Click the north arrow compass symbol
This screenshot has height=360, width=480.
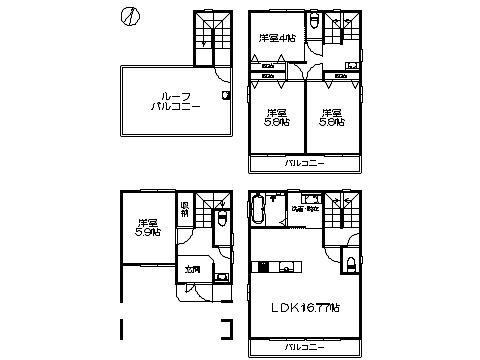click(x=128, y=17)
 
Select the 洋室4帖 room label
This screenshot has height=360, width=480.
click(x=276, y=39)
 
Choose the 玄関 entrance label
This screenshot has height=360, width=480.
click(x=192, y=269)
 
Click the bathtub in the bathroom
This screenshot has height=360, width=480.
click(x=259, y=211)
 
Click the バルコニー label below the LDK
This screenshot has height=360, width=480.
click(x=302, y=347)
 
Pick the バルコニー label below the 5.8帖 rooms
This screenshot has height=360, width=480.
click(x=302, y=162)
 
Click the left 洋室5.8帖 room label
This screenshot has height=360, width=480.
click(x=276, y=116)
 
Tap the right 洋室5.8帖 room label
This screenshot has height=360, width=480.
click(x=331, y=116)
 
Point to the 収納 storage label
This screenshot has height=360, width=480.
click(x=185, y=209)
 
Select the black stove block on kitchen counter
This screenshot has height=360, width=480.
click(x=264, y=267)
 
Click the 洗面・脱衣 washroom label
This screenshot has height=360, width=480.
click(x=305, y=208)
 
